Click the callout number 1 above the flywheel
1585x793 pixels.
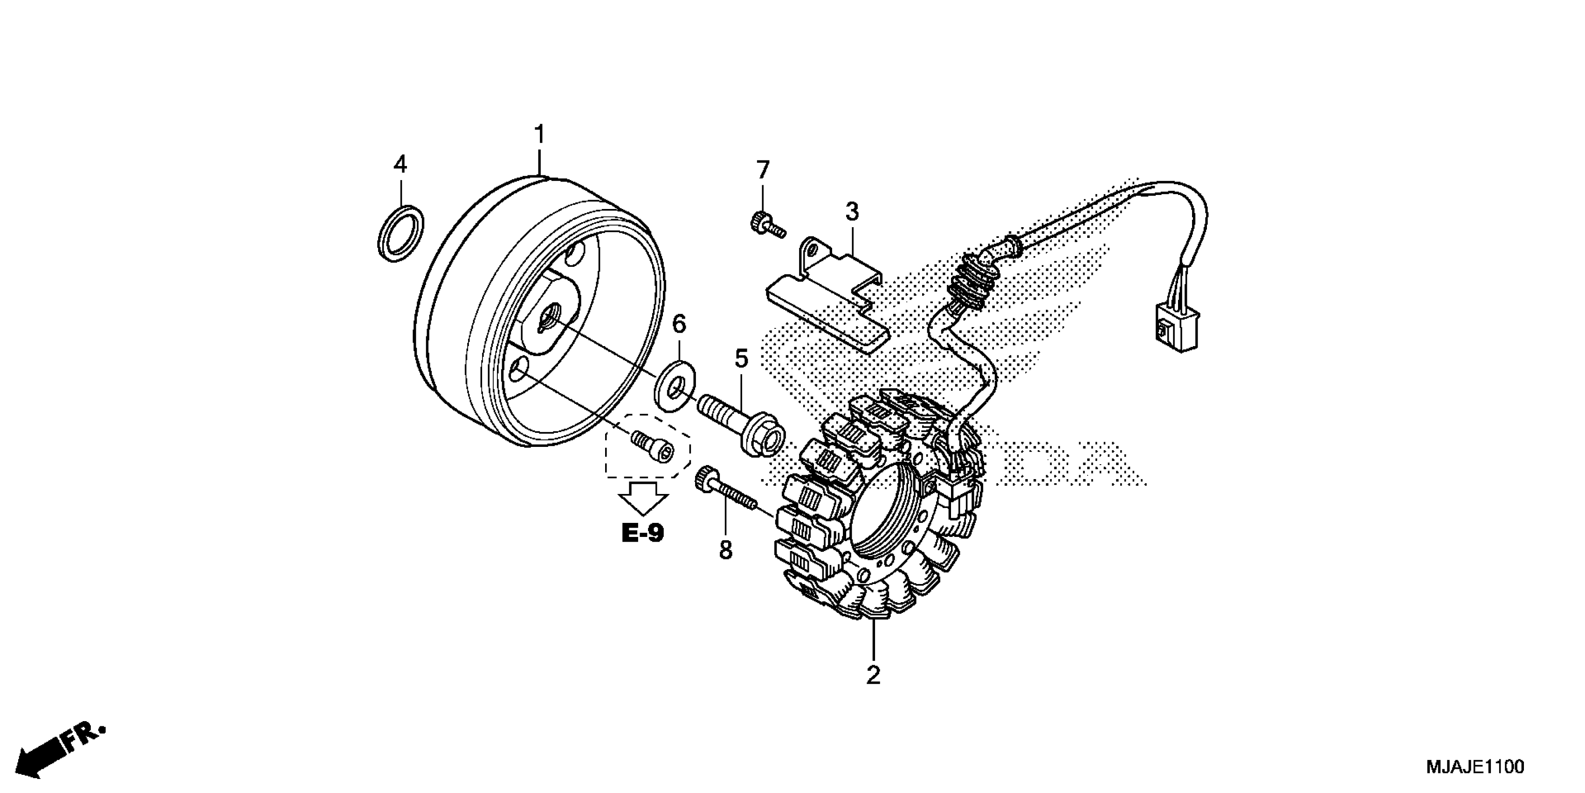pos(540,134)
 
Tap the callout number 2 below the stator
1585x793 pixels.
pos(873,675)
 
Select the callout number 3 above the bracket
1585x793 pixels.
pos(852,212)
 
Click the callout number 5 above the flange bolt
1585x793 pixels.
pos(741,358)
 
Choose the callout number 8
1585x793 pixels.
pos(726,550)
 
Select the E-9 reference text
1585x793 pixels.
pos(643,533)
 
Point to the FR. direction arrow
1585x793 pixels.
pos(58,751)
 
